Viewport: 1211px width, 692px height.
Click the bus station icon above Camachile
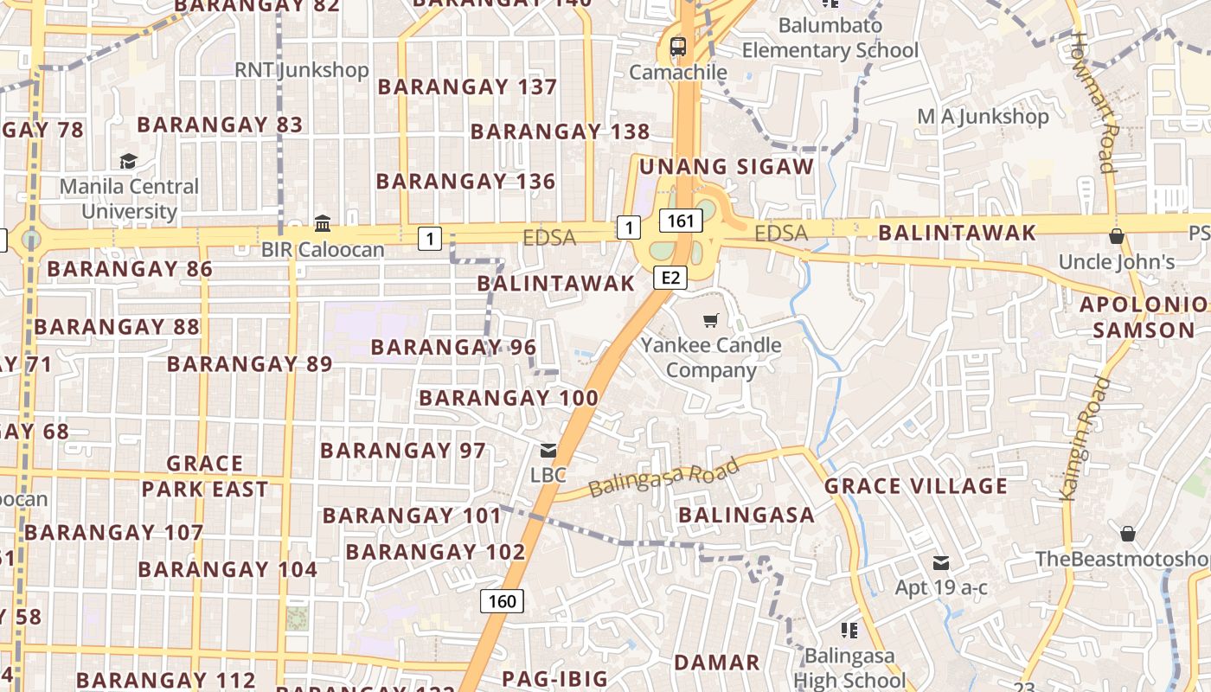pyautogui.click(x=677, y=47)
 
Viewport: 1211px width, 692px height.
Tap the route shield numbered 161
pyautogui.click(x=681, y=221)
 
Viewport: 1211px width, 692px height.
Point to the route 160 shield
pyautogui.click(x=502, y=601)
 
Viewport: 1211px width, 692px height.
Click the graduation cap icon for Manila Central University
pyautogui.click(x=129, y=161)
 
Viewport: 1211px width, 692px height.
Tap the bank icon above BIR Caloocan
pyautogui.click(x=323, y=224)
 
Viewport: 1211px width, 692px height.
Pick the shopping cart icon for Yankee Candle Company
pyautogui.click(x=711, y=321)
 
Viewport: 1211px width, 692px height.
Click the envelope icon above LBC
pyautogui.click(x=548, y=450)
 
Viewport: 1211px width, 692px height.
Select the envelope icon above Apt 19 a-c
pyautogui.click(x=941, y=564)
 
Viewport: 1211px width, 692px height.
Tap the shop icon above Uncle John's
pyautogui.click(x=1117, y=236)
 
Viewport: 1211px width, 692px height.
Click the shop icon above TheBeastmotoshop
pyautogui.click(x=1128, y=534)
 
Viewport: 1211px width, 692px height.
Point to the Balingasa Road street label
pyautogui.click(x=663, y=477)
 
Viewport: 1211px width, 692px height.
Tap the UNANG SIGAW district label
pyautogui.click(x=727, y=166)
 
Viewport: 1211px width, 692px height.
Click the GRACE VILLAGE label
pyautogui.click(x=916, y=486)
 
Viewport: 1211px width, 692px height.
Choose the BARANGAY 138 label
pyautogui.click(x=560, y=131)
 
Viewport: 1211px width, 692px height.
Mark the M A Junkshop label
pyautogui.click(x=983, y=116)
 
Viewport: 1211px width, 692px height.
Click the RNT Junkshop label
pyautogui.click(x=302, y=70)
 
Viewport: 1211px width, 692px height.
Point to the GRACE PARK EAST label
pyautogui.click(x=205, y=477)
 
